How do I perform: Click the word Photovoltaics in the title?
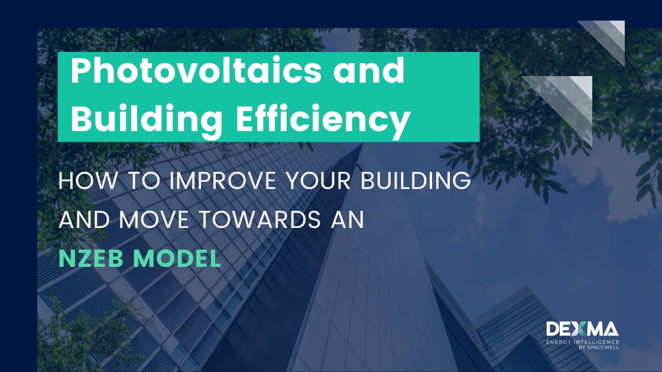[196, 70]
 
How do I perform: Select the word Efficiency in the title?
[323, 119]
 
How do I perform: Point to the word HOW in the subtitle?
[89, 181]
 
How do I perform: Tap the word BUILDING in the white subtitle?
[416, 181]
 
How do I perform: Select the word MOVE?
[154, 220]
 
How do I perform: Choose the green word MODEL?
[177, 259]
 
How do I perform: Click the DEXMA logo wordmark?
[582, 329]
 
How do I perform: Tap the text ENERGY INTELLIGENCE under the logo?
[583, 342]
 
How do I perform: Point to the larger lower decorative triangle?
[568, 101]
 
